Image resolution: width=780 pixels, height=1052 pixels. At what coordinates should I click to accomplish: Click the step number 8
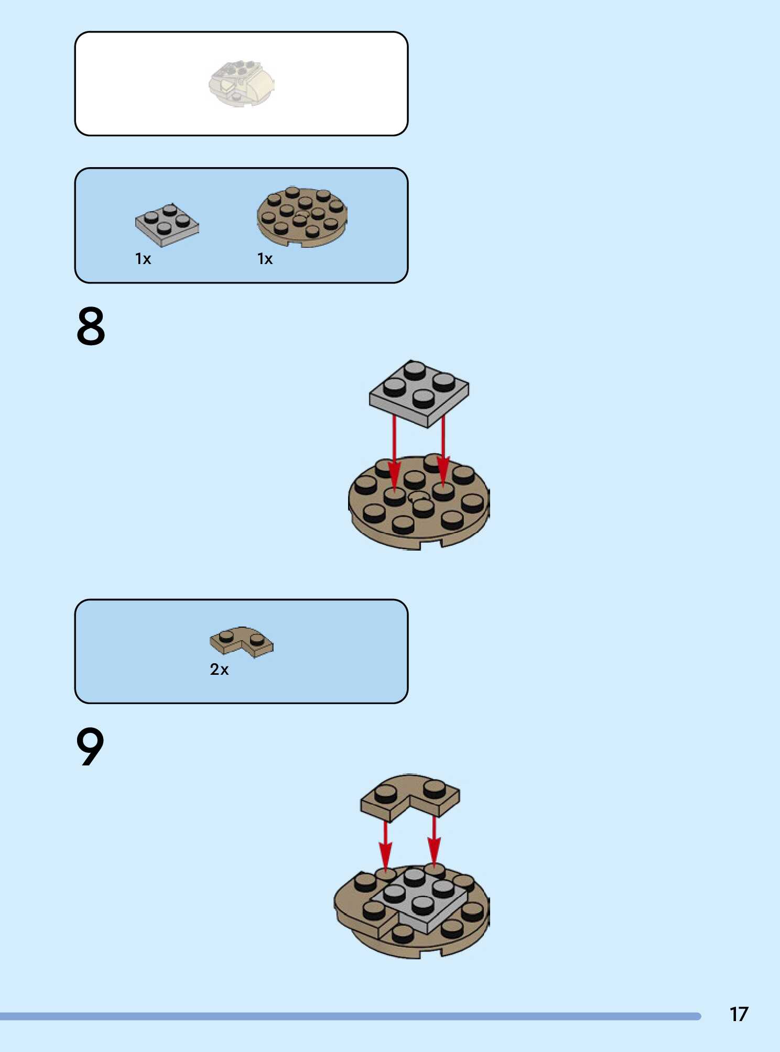click(91, 326)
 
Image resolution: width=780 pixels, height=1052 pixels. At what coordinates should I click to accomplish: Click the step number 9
click(90, 747)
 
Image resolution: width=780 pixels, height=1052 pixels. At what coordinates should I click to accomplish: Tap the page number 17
click(739, 1014)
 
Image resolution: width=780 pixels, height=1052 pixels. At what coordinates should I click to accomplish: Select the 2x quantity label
click(219, 670)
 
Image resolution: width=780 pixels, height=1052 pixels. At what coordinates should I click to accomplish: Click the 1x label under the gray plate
click(143, 259)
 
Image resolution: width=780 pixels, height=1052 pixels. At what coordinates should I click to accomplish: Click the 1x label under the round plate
click(265, 259)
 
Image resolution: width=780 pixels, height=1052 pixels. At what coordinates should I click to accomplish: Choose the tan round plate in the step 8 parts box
click(302, 217)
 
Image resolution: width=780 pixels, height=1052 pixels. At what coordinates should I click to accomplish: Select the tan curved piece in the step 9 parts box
click(241, 641)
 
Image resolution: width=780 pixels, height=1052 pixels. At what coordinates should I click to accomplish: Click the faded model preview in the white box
click(242, 84)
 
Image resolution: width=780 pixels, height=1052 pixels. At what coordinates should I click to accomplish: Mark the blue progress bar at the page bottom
click(350, 1016)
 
